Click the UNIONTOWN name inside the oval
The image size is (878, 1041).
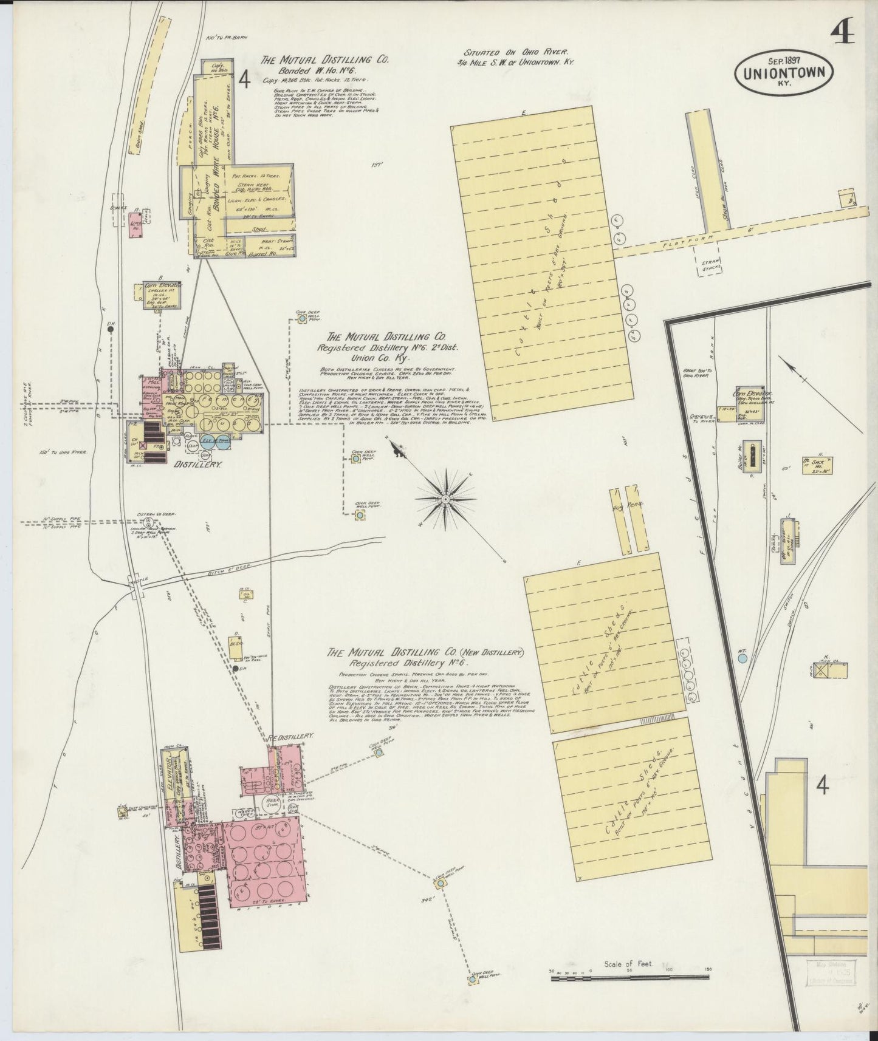(x=783, y=73)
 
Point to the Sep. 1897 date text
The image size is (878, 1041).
(x=784, y=61)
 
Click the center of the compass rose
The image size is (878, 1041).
(x=445, y=498)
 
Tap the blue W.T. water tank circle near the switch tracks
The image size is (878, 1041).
(x=742, y=658)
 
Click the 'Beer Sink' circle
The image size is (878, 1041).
(x=271, y=804)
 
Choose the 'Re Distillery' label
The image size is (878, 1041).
(x=291, y=737)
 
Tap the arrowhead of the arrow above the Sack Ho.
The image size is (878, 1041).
(x=782, y=363)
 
